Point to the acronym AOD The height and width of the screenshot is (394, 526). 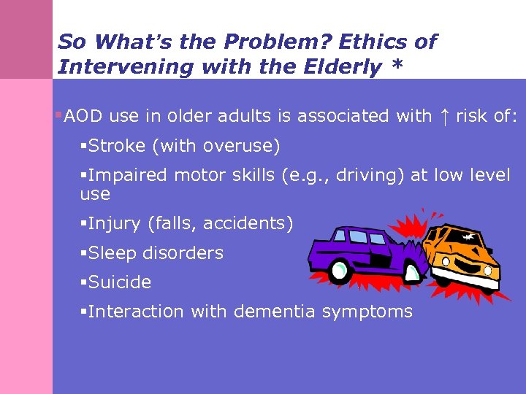point(83,116)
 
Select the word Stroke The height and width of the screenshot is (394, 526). point(117,147)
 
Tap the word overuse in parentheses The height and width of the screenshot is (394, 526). point(244,147)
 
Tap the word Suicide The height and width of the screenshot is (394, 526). point(120,282)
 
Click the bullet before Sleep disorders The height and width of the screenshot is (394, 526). point(83,253)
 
